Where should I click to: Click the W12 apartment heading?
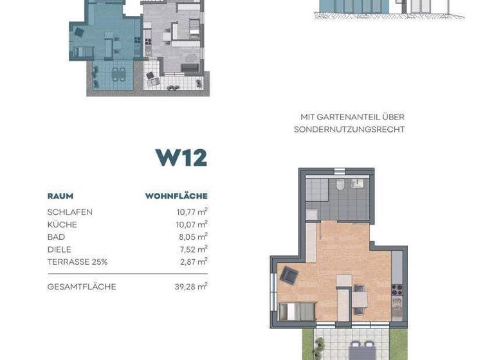(x=181, y=157)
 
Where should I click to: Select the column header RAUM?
(x=60, y=196)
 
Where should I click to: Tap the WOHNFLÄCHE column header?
(x=176, y=196)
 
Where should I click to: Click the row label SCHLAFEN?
(x=69, y=212)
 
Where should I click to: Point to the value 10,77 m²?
(x=190, y=212)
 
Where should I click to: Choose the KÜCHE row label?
(x=62, y=224)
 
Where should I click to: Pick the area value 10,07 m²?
(x=190, y=224)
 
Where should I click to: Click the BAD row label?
(x=56, y=237)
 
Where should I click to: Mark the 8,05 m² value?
(x=192, y=237)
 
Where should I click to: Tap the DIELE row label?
(x=59, y=249)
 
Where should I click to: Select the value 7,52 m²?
(x=192, y=249)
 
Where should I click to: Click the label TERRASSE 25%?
(x=77, y=262)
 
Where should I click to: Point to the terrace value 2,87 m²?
(x=192, y=262)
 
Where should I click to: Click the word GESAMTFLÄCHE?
(x=82, y=287)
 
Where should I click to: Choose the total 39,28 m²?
(x=190, y=287)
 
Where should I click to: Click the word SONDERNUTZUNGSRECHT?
(x=349, y=129)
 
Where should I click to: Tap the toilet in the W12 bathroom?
(x=339, y=186)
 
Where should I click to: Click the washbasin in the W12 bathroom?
(x=358, y=184)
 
